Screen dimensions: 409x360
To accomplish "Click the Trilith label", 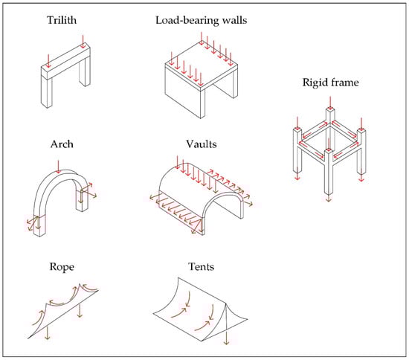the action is pyautogui.click(x=62, y=20).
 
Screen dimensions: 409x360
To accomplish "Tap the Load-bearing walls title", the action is pyautogui.click(x=201, y=20).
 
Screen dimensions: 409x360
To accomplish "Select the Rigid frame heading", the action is pyautogui.click(x=330, y=83).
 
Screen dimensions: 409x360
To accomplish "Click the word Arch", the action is pyautogui.click(x=62, y=144).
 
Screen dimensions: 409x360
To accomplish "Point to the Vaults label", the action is pyautogui.click(x=202, y=144).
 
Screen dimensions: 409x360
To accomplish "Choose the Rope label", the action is pyautogui.click(x=62, y=267).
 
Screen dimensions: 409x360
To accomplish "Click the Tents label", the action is pyautogui.click(x=202, y=266).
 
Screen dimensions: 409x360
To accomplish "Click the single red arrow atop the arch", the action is pyautogui.click(x=58, y=167).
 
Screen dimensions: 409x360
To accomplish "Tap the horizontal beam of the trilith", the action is pyautogui.click(x=65, y=61).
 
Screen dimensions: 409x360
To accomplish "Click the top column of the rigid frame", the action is pyautogui.click(x=330, y=115).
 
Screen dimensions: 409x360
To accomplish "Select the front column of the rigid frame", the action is pyautogui.click(x=329, y=171).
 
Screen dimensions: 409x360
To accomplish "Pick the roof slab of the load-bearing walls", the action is pyautogui.click(x=202, y=65).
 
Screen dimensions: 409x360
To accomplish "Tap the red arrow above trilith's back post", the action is pyautogui.click(x=83, y=42).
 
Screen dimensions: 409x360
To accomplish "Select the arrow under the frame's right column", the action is pyautogui.click(x=361, y=176).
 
